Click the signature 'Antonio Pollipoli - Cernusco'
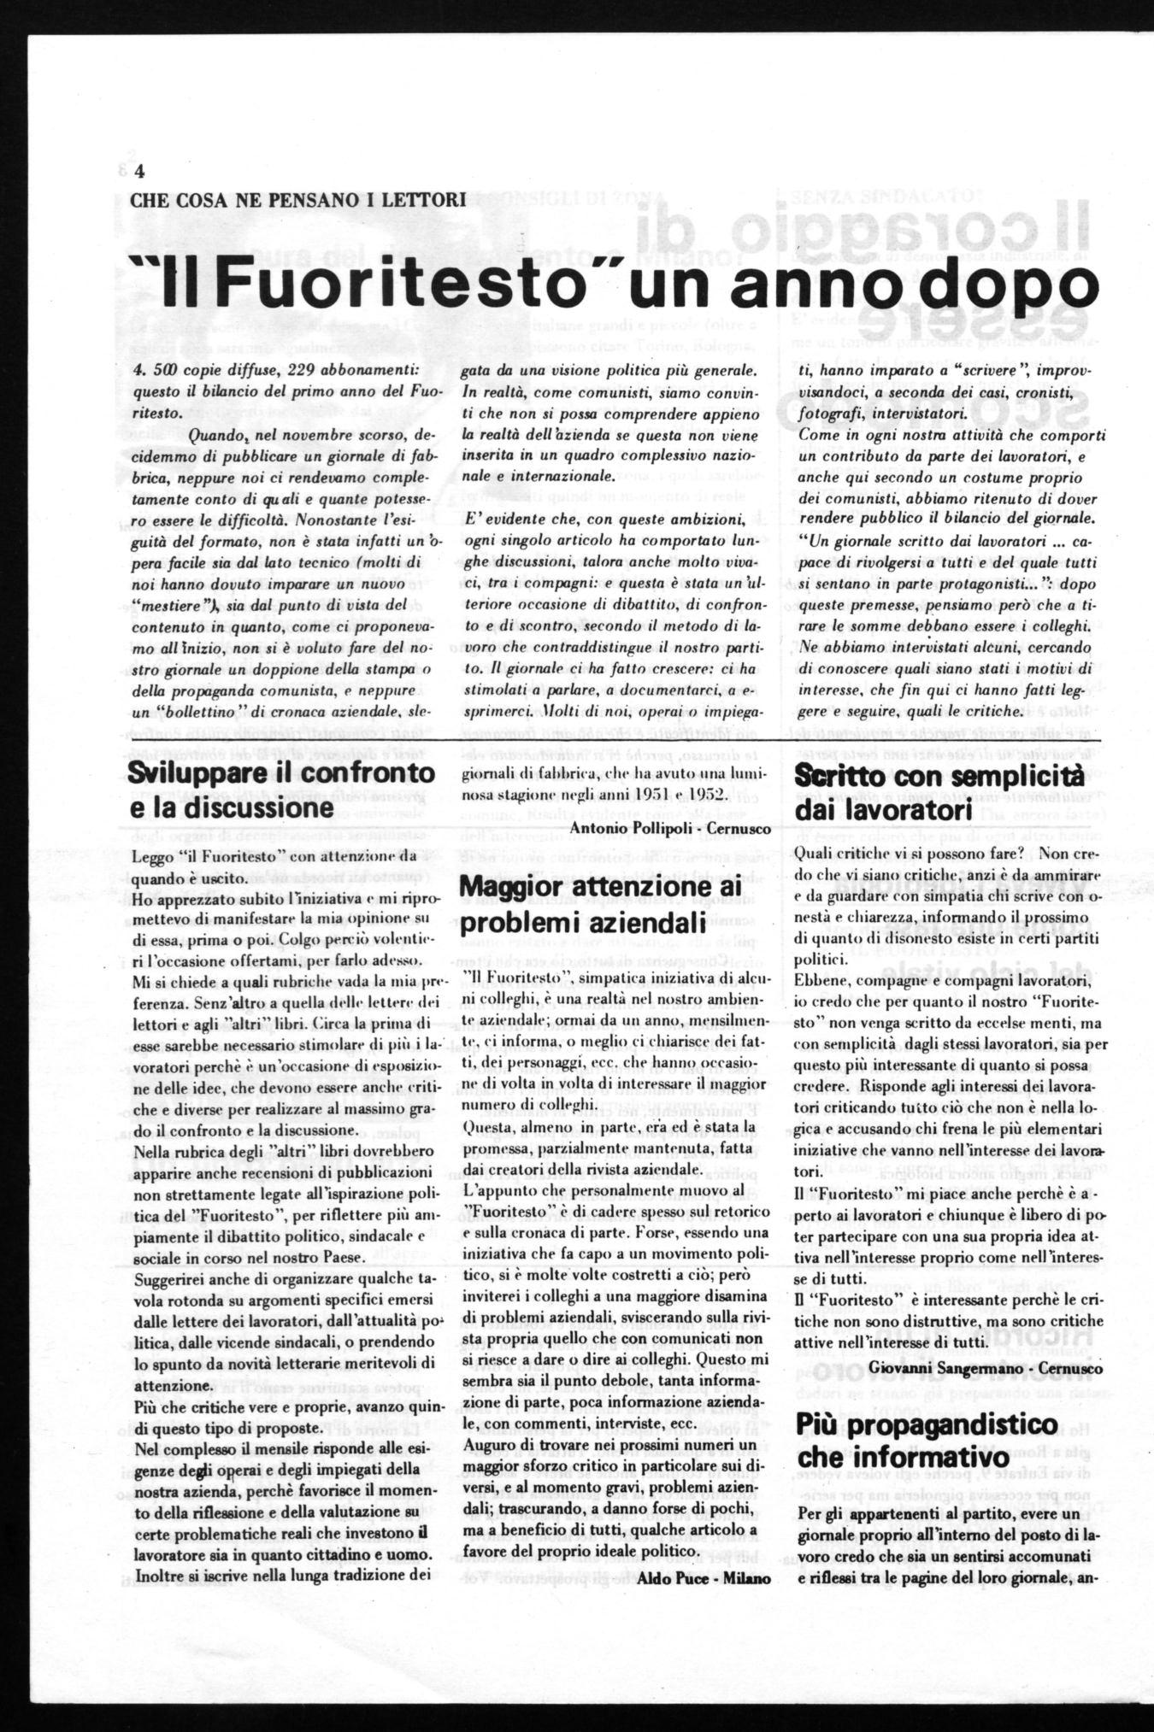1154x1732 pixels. (x=669, y=829)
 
